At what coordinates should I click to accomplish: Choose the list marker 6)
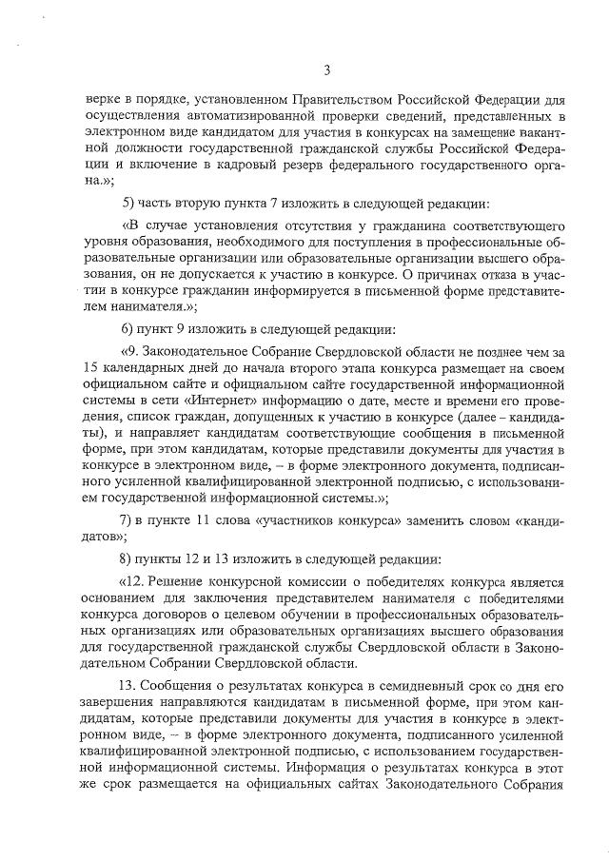[131, 329]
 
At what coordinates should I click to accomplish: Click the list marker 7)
[131, 519]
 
